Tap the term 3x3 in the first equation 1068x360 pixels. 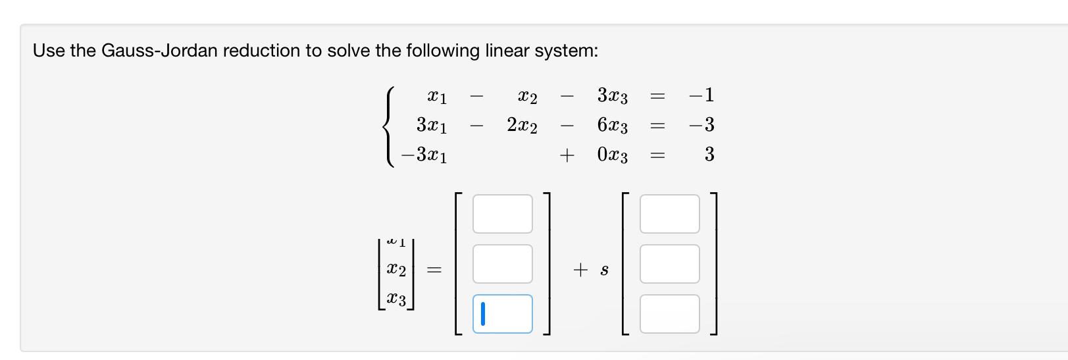tap(612, 96)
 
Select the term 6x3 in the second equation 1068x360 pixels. tap(612, 125)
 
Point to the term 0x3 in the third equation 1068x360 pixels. tap(612, 155)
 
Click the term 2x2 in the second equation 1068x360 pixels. tap(522, 125)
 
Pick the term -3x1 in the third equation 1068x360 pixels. tap(424, 155)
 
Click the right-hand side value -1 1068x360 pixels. tap(701, 95)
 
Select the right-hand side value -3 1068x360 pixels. tap(701, 124)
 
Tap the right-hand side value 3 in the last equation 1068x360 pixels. tap(709, 155)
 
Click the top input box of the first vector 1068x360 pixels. tap(502, 214)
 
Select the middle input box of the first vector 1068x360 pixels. tap(502, 264)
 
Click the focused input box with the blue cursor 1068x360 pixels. tap(502, 314)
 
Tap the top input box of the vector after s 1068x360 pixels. tap(669, 214)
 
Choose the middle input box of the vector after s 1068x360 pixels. tap(669, 264)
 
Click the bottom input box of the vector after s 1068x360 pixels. tap(669, 314)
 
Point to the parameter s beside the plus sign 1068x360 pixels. tap(604, 270)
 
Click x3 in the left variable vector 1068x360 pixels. tap(396, 299)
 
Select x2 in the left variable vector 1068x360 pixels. tap(396, 270)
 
